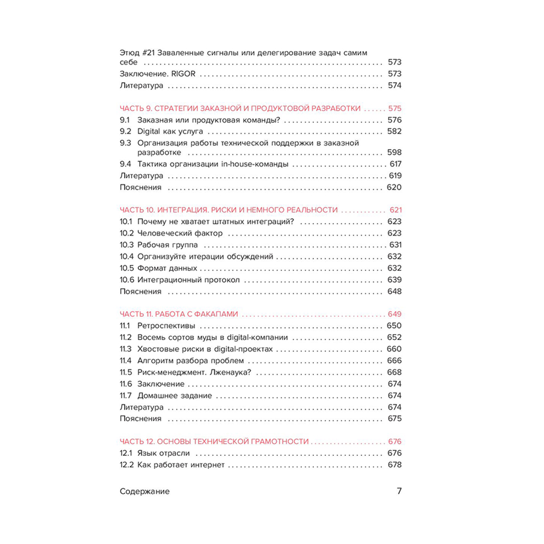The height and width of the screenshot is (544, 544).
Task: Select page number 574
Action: (x=394, y=86)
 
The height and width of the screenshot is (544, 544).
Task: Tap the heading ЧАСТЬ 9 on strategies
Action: (x=240, y=109)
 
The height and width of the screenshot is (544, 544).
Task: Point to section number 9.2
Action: (x=125, y=132)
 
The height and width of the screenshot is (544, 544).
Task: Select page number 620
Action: (x=394, y=188)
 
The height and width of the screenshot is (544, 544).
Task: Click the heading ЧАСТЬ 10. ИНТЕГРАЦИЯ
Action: (x=228, y=210)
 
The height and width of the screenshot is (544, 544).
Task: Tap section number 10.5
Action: (x=126, y=268)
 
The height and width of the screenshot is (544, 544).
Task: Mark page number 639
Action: (x=394, y=280)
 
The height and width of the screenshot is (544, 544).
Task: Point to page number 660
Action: (x=394, y=349)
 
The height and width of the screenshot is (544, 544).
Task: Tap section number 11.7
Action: (x=126, y=395)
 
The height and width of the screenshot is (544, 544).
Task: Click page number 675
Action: (x=394, y=419)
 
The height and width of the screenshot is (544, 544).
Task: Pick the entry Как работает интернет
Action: (x=181, y=465)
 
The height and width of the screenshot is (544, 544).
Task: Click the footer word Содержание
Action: (x=144, y=491)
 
